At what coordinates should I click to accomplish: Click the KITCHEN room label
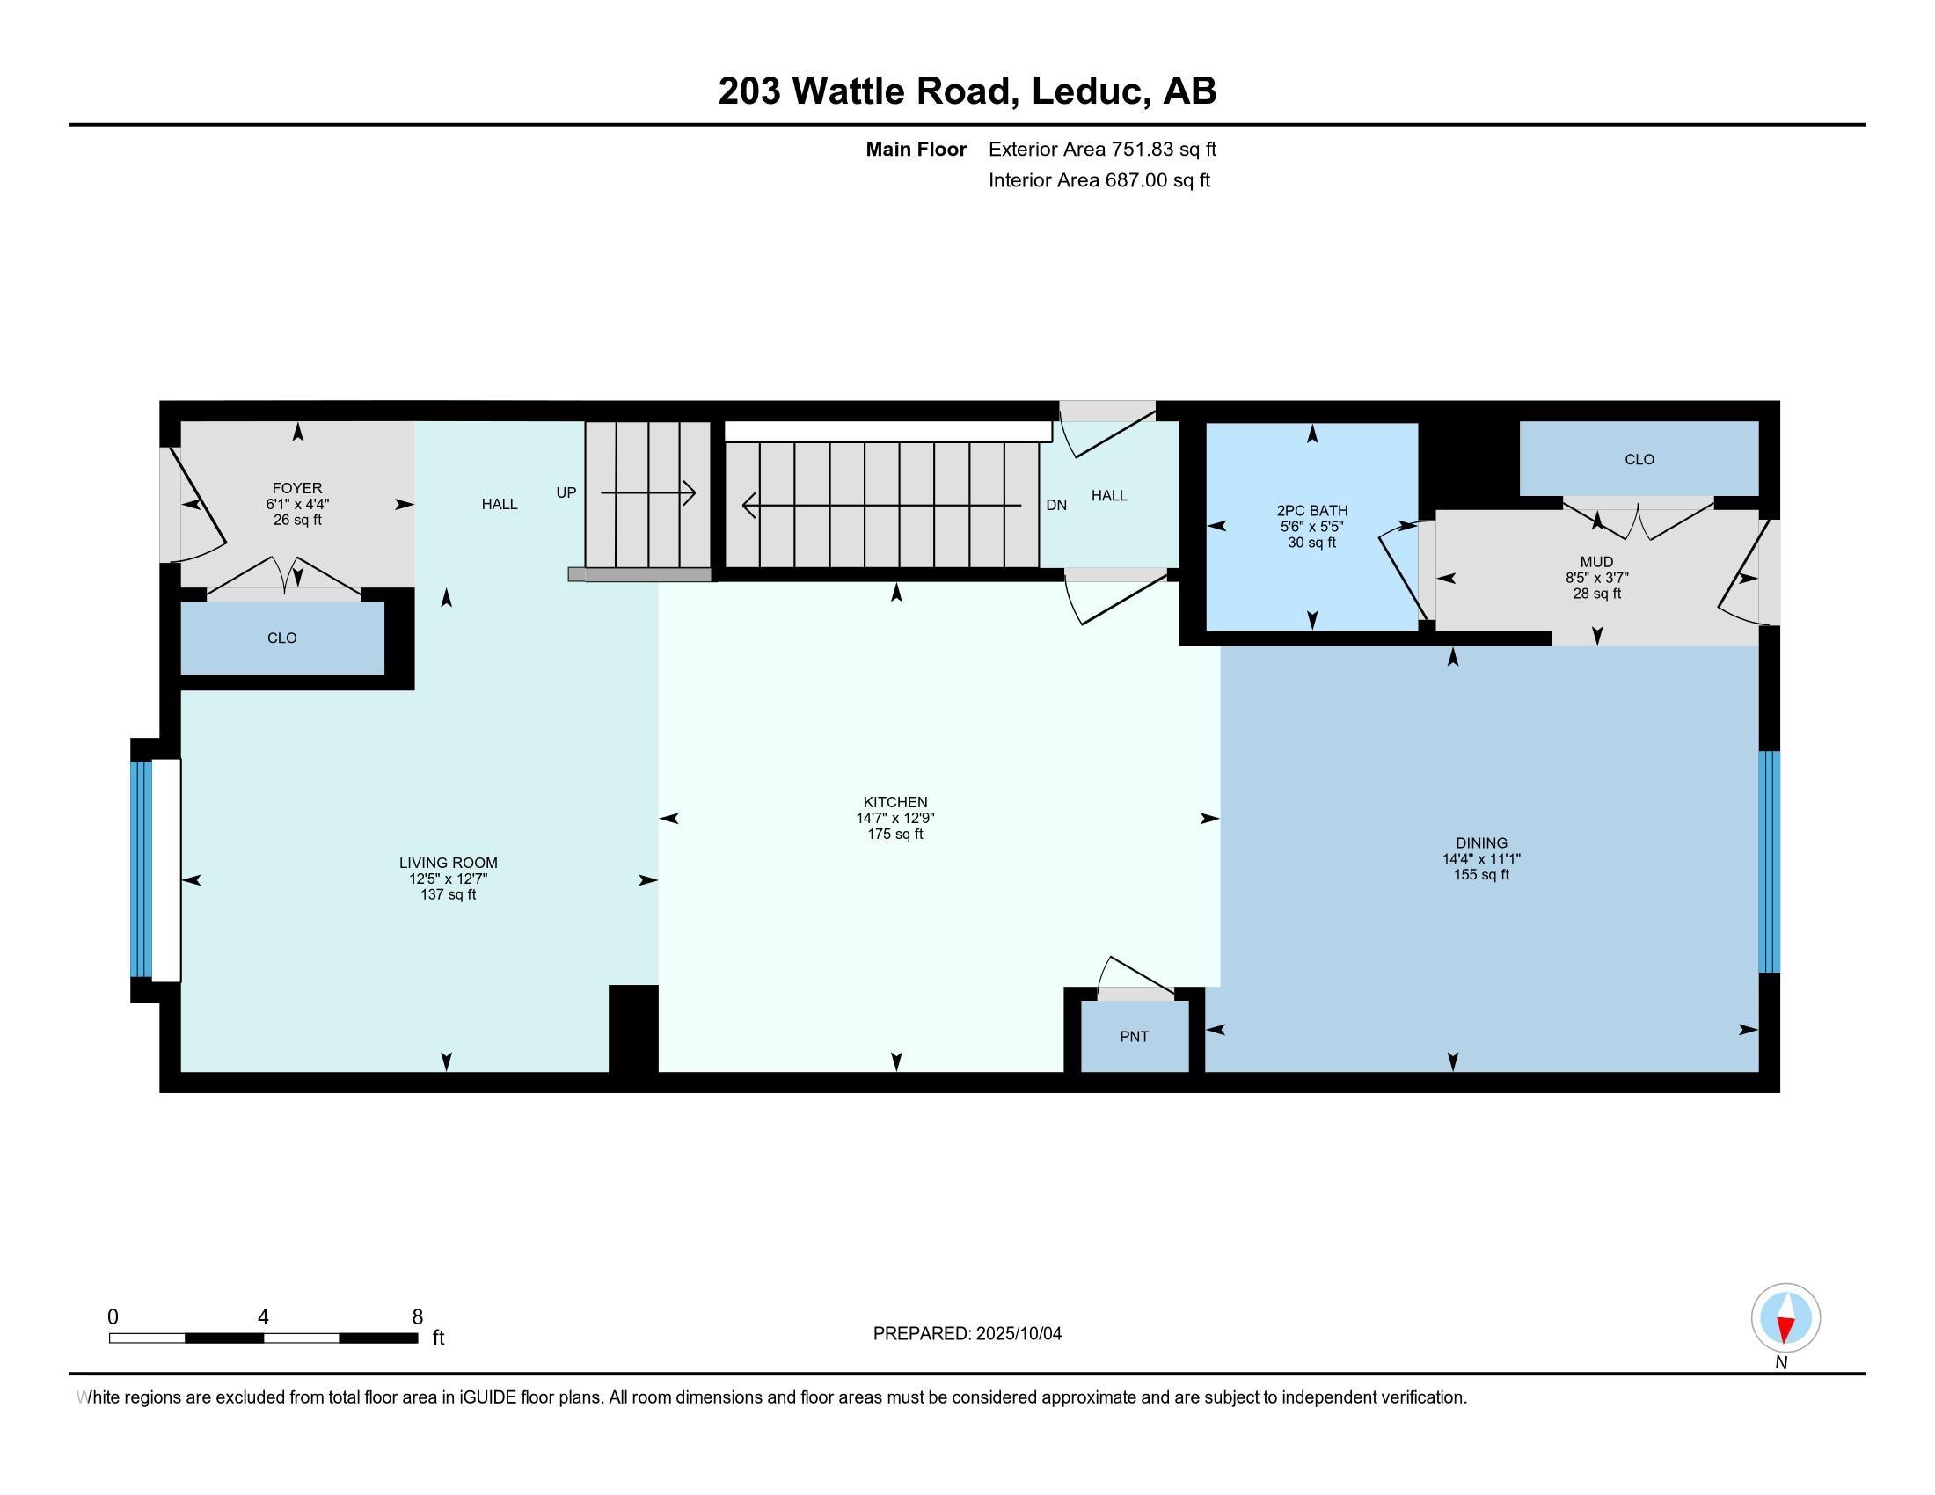[894, 802]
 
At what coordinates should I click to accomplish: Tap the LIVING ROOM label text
[448, 863]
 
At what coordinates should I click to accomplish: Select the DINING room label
[1480, 843]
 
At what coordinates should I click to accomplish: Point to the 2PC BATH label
[1311, 511]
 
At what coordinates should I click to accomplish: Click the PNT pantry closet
[1134, 1036]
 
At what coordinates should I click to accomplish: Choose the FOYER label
[296, 488]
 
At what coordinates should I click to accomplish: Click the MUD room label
[1596, 562]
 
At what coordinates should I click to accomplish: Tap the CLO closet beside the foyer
[281, 638]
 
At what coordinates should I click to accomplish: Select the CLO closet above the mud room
[1639, 459]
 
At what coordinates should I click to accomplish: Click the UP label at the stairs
[566, 492]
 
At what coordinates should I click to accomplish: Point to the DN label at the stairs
[1056, 505]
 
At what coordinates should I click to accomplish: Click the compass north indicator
[1785, 1318]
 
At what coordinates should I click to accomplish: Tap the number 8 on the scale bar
[417, 1317]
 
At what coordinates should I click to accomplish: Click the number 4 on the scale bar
[263, 1317]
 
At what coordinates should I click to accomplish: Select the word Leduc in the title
[1086, 91]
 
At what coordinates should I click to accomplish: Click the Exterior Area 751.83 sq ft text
[1102, 149]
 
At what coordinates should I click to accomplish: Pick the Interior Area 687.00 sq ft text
[1099, 180]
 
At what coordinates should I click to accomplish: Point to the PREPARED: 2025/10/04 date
[967, 1334]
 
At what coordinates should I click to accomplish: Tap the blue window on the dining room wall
[1769, 862]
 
